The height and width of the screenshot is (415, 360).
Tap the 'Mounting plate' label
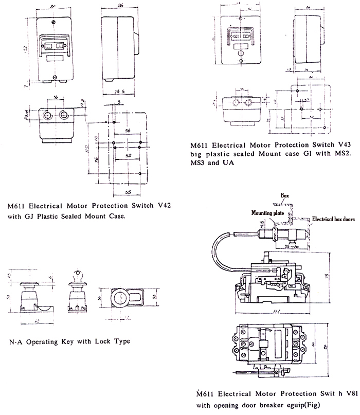click(267, 212)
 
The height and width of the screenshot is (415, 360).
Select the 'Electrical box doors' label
click(333, 219)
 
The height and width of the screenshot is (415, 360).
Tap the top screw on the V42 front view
click(53, 22)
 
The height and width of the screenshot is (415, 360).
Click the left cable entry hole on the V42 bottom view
click(48, 115)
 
